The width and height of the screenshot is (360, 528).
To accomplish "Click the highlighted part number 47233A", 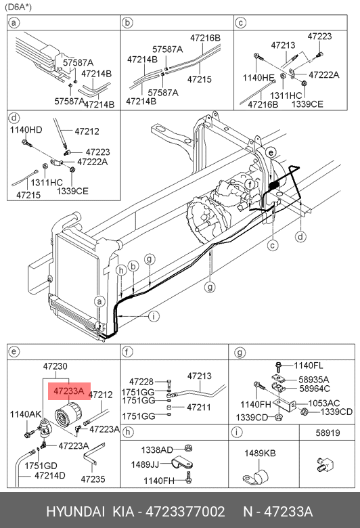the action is tap(69, 391).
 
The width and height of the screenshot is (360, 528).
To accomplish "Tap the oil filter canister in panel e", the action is tap(68, 416).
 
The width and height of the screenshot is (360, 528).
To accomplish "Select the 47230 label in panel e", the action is tap(55, 366).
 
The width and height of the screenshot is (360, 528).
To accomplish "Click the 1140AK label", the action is tap(26, 414).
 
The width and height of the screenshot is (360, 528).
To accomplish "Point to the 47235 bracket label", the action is tap(93, 479).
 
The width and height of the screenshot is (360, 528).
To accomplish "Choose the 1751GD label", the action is tap(41, 466).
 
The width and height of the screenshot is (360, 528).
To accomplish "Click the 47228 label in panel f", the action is tap(141, 382).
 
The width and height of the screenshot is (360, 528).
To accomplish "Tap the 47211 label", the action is tap(199, 407).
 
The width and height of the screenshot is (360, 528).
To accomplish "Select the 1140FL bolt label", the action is tap(309, 366).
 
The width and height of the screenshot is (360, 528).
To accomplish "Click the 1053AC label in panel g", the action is tap(324, 403).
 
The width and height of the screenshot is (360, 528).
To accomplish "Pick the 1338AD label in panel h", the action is tap(157, 450).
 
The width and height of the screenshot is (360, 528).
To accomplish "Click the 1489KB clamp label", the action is tap(260, 454).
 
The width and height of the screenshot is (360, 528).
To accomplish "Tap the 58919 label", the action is tap(328, 433).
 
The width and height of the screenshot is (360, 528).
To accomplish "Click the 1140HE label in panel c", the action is tap(258, 78).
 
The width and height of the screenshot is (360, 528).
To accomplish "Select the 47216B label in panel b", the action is tap(206, 38).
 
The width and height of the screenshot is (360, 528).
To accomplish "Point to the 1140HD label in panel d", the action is tap(26, 130).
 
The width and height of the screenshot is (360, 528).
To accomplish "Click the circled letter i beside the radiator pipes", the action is tap(154, 316).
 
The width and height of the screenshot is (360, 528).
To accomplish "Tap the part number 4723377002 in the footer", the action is tap(185, 512).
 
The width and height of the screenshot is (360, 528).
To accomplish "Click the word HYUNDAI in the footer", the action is tap(75, 512).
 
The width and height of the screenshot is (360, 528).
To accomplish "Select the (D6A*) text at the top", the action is tap(18, 7).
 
